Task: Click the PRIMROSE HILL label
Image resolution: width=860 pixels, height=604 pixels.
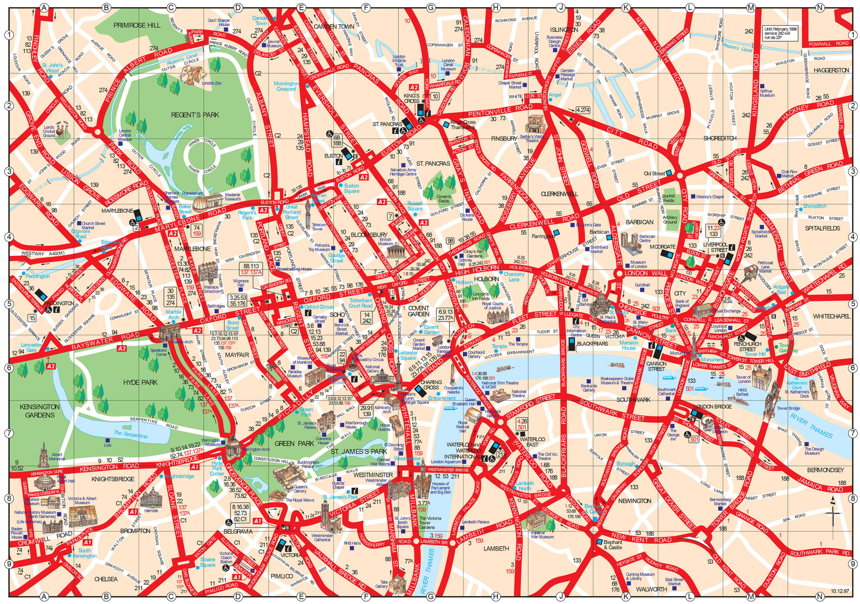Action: click(x=137, y=25)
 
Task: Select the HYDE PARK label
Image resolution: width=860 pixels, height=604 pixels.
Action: click(x=140, y=382)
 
